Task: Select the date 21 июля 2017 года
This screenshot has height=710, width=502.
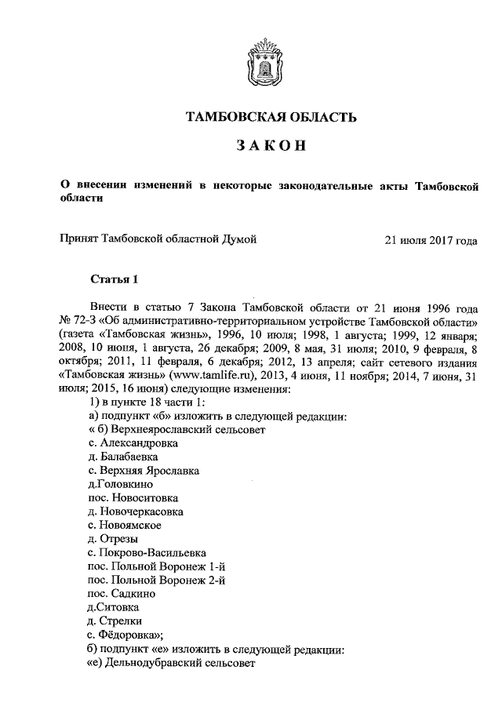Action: pos(431,240)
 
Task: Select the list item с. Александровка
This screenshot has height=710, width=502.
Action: pos(133,443)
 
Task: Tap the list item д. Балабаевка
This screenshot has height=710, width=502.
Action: pos(125,457)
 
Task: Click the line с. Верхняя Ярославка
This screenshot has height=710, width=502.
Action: pos(144,471)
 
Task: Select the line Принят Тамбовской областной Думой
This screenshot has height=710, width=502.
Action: pos(159,240)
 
